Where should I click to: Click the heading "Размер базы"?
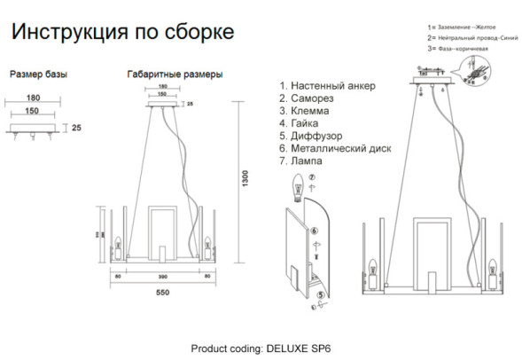pos(37,74)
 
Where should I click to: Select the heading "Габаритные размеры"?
pos(175,74)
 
